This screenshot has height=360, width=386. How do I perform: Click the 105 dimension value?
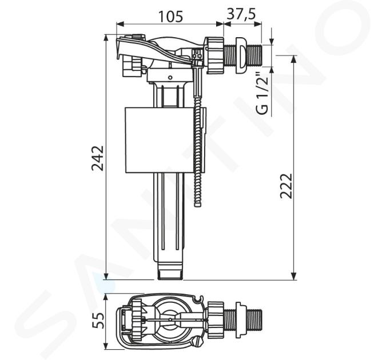coord(170,17)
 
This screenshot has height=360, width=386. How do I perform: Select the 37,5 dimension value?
coord(241,14)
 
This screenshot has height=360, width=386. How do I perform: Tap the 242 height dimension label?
coord(98,158)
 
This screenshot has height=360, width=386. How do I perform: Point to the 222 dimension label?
coord(286,186)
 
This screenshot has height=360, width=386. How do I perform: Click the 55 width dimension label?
coord(98,321)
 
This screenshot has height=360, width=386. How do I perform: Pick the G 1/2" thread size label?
coord(262,93)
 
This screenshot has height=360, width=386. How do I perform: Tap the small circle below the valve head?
coord(170,78)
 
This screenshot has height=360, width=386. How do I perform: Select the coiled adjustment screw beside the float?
coord(198,138)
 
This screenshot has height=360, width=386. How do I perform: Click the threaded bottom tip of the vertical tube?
coord(170,275)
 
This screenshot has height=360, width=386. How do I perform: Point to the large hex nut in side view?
coord(214,55)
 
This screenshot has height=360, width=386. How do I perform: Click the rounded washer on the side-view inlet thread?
coord(241,55)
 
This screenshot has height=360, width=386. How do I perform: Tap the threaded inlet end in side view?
coord(254,55)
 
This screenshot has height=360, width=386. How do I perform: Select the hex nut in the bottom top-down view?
coord(216,320)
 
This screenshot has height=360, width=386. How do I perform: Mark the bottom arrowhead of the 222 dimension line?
coord(294,276)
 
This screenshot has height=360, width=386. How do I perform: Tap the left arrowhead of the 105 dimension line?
coord(120,24)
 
